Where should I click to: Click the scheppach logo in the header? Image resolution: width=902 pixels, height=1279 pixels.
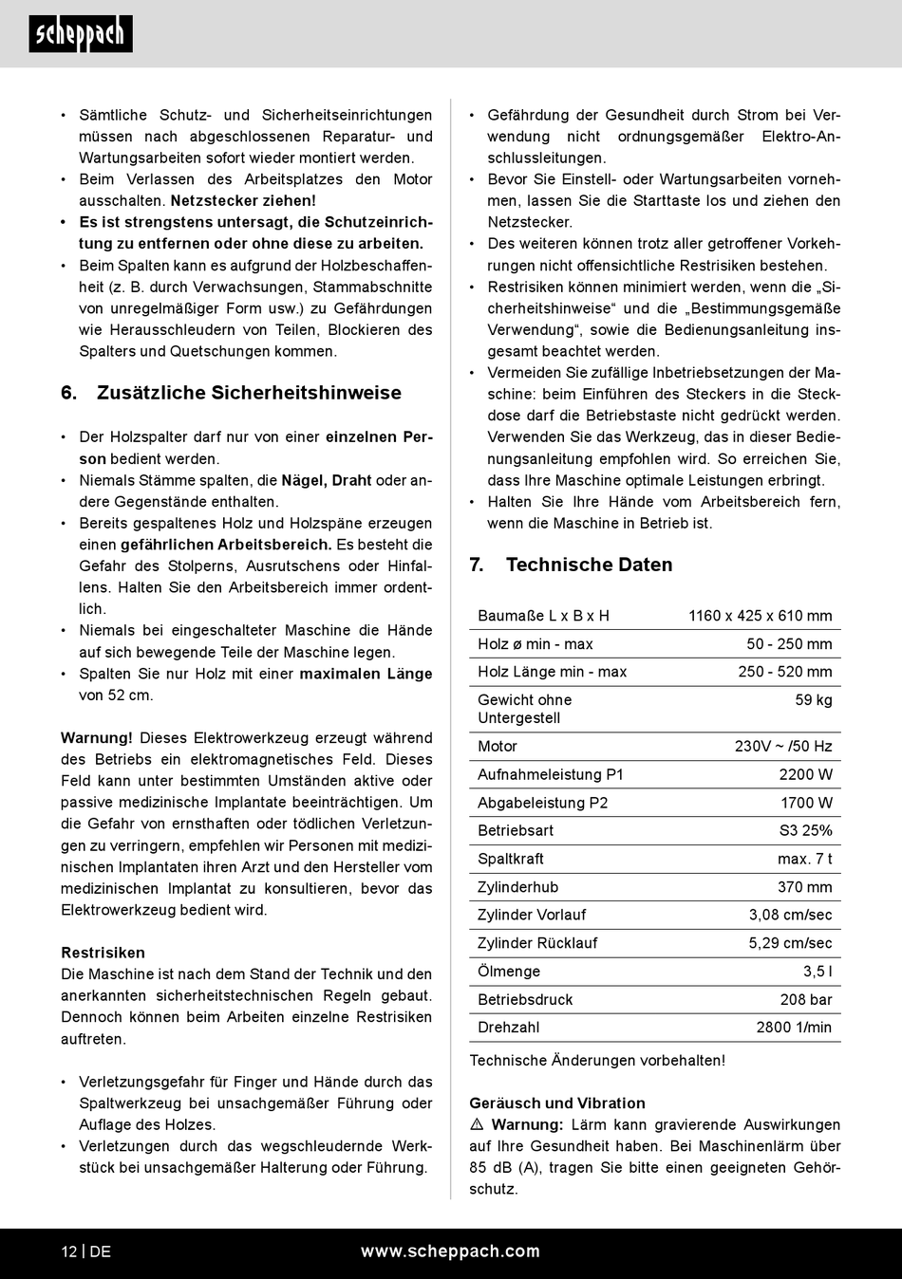pos(81,34)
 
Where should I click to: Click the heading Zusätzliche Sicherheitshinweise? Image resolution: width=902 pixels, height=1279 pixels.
pos(249,393)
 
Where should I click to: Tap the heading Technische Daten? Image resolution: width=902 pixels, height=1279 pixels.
pos(589,565)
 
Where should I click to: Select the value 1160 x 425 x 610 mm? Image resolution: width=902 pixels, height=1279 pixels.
pos(760,616)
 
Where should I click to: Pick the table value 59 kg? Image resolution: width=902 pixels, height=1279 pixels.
pos(814,700)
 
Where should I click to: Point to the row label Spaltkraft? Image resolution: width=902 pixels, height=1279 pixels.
pos(511,859)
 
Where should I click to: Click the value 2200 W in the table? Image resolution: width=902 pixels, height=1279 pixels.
pos(805,774)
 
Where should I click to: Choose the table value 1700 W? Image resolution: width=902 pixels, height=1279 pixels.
pos(806,803)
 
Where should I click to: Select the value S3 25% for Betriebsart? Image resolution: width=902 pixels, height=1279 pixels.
pos(805,830)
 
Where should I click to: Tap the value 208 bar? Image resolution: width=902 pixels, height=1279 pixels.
pos(806,999)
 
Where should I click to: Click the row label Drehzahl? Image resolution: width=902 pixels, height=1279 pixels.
pos(509,1028)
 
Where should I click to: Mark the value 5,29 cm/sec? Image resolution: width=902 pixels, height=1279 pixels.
pos(790,943)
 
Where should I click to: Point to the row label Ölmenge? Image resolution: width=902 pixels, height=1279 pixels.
pos(509,972)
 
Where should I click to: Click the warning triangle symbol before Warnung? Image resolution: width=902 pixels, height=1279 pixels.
pos(477,1124)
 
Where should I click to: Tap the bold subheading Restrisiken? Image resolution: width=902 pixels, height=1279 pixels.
pos(103,953)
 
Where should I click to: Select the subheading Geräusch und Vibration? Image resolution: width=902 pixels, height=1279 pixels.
pos(557,1103)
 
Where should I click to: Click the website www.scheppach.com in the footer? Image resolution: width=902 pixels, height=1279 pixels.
pos(450,1251)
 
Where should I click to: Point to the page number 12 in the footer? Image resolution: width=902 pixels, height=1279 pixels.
pos(69,1251)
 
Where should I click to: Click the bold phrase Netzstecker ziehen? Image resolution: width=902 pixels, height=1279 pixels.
pos(243,200)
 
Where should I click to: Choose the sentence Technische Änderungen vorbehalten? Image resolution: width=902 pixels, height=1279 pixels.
pos(597,1061)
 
